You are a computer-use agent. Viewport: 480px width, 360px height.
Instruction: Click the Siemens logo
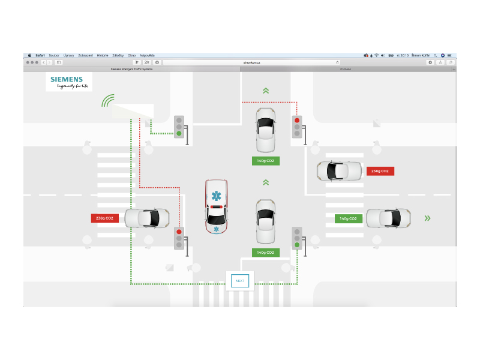coord(69,82)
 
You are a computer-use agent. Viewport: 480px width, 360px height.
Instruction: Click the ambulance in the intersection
coord(215,206)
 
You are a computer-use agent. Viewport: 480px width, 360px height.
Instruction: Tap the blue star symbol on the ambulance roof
coord(215,196)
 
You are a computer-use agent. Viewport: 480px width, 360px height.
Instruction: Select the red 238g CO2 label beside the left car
coord(105,218)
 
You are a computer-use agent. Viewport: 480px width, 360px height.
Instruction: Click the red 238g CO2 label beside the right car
coord(380,171)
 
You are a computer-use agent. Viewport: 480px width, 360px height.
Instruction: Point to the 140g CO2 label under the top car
coord(266,161)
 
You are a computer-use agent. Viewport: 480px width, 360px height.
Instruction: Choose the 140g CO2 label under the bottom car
coord(266,253)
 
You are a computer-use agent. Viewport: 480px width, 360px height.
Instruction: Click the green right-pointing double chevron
coord(427,218)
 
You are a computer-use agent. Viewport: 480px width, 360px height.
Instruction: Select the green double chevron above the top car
coord(266,91)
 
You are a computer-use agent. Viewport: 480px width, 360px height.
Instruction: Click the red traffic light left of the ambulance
coord(179,232)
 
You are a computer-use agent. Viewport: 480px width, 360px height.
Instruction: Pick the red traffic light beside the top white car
coord(296,121)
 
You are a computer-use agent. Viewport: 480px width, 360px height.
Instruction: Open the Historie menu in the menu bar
coord(103,55)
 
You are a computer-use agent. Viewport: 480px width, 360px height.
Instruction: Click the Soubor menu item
coord(54,55)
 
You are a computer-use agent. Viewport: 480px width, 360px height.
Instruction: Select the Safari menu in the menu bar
coord(40,55)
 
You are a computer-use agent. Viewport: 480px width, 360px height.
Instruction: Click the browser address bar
coord(252,62)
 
